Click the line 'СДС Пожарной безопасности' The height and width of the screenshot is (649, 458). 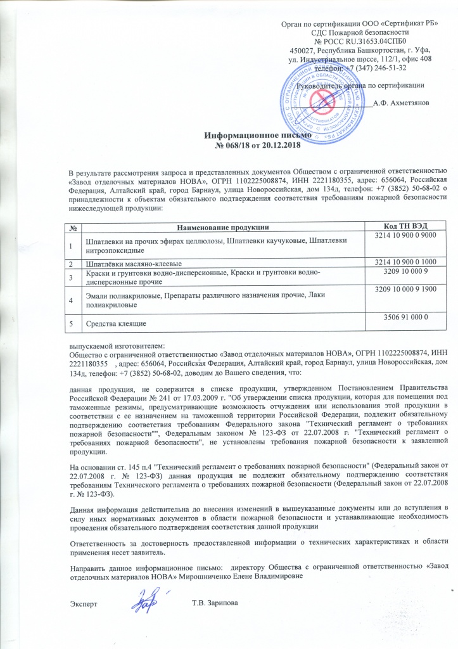click(x=360, y=32)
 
